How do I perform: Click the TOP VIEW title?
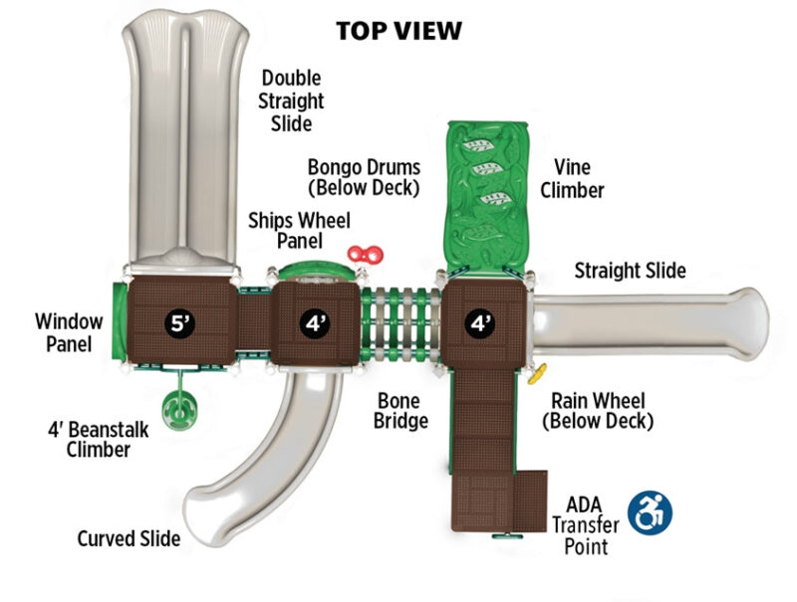click(398, 31)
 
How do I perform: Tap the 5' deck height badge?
click(179, 321)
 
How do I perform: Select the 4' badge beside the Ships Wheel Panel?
click(316, 321)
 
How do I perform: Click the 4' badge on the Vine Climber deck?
click(481, 321)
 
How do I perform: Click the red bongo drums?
click(366, 256)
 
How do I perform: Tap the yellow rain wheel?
click(540, 375)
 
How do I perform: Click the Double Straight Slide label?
click(292, 100)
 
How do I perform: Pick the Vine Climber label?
click(572, 179)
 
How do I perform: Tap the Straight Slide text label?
click(630, 270)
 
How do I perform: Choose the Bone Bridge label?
click(401, 410)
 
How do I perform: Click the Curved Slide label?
click(129, 538)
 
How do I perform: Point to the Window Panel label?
click(68, 332)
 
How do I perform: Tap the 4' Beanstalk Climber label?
click(89, 440)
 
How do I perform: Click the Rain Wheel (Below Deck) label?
click(598, 410)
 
